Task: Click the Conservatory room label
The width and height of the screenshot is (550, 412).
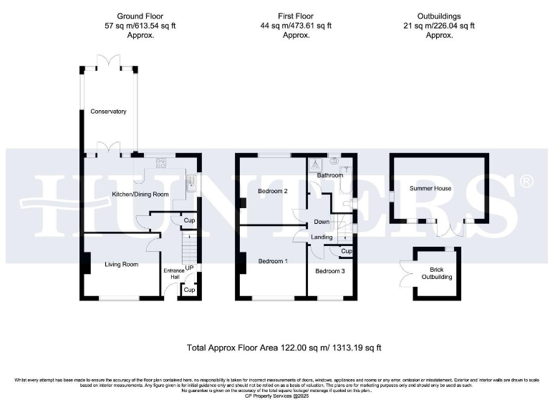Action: pyautogui.click(x=108, y=112)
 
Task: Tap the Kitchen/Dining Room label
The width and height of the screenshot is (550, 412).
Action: pyautogui.click(x=139, y=194)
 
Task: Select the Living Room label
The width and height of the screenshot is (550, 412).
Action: pyautogui.click(x=121, y=264)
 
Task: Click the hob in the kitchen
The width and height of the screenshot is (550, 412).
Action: pyautogui.click(x=161, y=163)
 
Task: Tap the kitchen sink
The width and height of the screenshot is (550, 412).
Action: pyautogui.click(x=190, y=185)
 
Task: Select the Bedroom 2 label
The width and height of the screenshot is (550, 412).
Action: pyautogui.click(x=272, y=191)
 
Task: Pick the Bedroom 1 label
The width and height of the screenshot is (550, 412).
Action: pyautogui.click(x=272, y=261)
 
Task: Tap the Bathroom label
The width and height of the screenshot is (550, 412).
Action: pyautogui.click(x=331, y=175)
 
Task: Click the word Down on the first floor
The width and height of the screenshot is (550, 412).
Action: pyautogui.click(x=322, y=222)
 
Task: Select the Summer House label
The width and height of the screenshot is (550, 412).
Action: pyautogui.click(x=430, y=188)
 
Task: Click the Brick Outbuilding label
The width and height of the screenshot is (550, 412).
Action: pyautogui.click(x=436, y=273)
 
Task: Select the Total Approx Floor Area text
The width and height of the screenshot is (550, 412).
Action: pyautogui.click(x=284, y=348)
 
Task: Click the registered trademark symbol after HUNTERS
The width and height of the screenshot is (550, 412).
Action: pyautogui.click(x=526, y=182)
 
